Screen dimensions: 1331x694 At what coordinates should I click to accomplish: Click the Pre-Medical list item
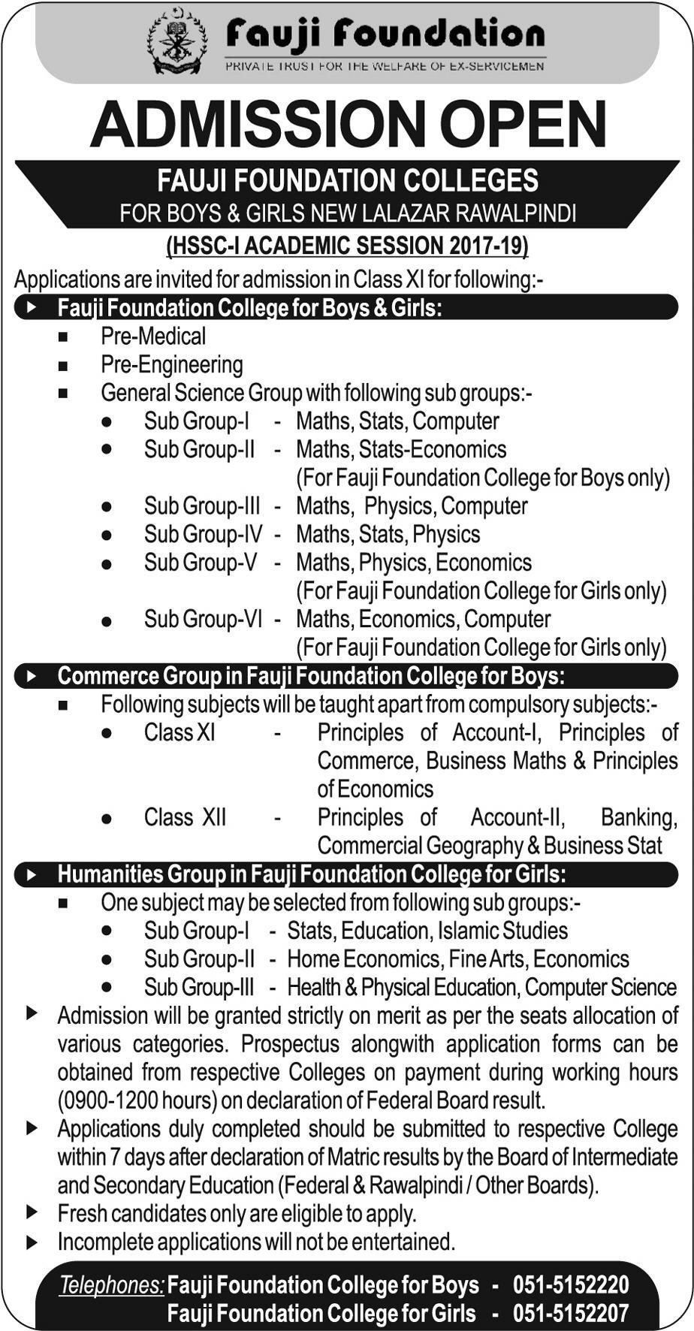(x=153, y=337)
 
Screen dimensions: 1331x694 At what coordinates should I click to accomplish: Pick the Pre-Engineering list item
(x=172, y=365)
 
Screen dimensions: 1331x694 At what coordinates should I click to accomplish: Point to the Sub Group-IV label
(x=203, y=535)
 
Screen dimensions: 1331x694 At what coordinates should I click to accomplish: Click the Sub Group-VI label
(x=203, y=620)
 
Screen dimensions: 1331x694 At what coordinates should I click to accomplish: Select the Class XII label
(x=185, y=817)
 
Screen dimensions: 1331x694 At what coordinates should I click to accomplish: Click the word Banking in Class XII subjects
(x=639, y=817)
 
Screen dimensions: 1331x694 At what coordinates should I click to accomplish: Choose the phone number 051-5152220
(x=571, y=1285)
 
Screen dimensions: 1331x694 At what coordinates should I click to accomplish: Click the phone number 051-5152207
(x=571, y=1314)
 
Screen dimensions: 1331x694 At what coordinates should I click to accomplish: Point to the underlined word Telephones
(x=112, y=1285)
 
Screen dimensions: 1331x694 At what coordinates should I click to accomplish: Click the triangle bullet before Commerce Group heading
(x=31, y=676)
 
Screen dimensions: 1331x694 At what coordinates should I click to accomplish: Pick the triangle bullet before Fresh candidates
(x=32, y=1212)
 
